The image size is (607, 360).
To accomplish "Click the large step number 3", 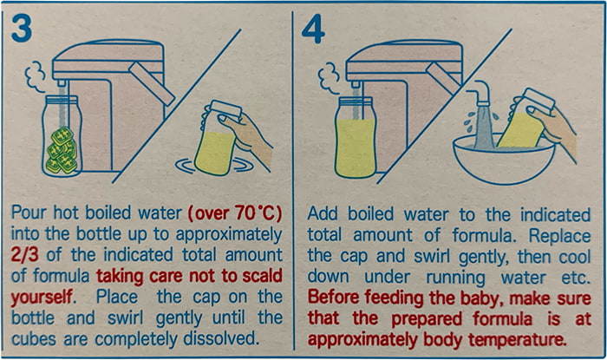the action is [x=22, y=29].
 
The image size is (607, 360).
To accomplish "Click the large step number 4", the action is [x=313, y=29].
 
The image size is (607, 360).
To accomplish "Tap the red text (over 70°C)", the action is [x=235, y=213].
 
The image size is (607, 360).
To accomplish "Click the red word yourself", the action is [x=42, y=298].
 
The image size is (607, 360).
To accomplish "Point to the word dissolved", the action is [x=221, y=338].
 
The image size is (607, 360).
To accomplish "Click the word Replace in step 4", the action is [x=560, y=236].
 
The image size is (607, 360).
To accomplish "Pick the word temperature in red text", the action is [x=517, y=340].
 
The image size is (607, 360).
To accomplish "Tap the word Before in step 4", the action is [x=334, y=298].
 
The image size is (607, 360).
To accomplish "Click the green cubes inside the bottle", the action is [x=62, y=149].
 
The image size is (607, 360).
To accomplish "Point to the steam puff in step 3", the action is [x=36, y=76].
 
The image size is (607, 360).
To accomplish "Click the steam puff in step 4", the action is [x=329, y=79].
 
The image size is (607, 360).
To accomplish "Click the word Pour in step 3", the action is [x=29, y=213].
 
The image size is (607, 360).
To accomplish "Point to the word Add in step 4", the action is [x=323, y=214].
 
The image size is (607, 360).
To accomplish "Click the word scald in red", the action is [x=263, y=276].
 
